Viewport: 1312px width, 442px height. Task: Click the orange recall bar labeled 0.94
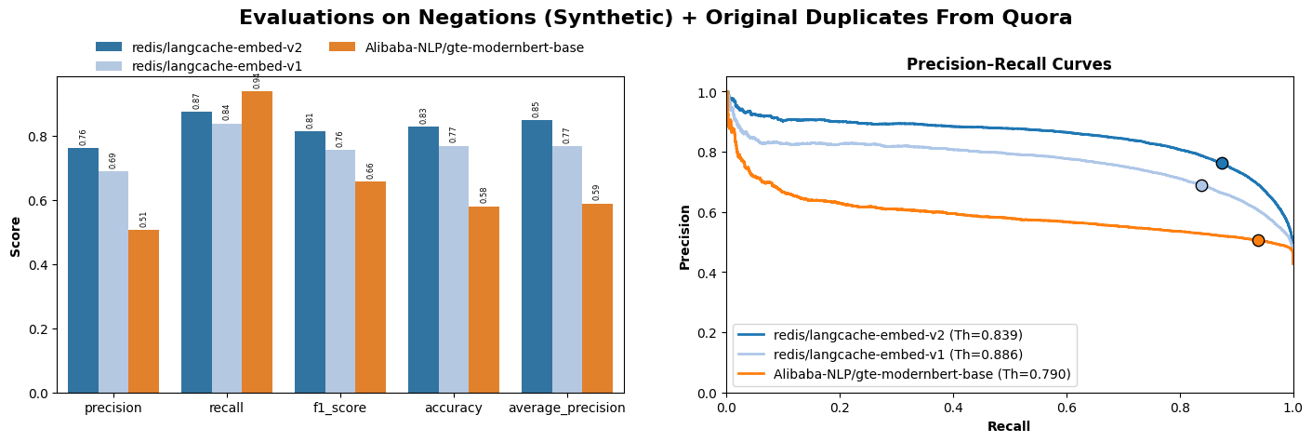[257, 242]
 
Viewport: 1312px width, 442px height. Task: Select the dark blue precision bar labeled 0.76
[83, 270]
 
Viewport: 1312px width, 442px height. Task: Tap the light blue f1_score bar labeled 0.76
[339, 271]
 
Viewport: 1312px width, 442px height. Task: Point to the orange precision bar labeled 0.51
[143, 311]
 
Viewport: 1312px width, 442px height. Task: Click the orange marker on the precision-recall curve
[1258, 240]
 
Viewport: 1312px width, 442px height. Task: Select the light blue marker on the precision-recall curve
[1201, 185]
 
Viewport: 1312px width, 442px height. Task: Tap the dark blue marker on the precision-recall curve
[1222, 163]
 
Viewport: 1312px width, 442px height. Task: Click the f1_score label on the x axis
[339, 408]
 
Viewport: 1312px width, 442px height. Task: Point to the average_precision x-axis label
[566, 408]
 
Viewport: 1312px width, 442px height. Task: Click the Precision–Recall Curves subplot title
[1009, 64]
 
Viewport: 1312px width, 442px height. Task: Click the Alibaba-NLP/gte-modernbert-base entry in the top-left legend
[474, 47]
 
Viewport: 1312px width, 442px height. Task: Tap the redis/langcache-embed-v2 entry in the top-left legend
[217, 47]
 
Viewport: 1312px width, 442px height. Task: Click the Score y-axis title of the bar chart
[16, 236]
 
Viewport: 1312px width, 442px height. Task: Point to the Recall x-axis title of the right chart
[1009, 426]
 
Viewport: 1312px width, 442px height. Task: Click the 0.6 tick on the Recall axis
[1066, 408]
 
